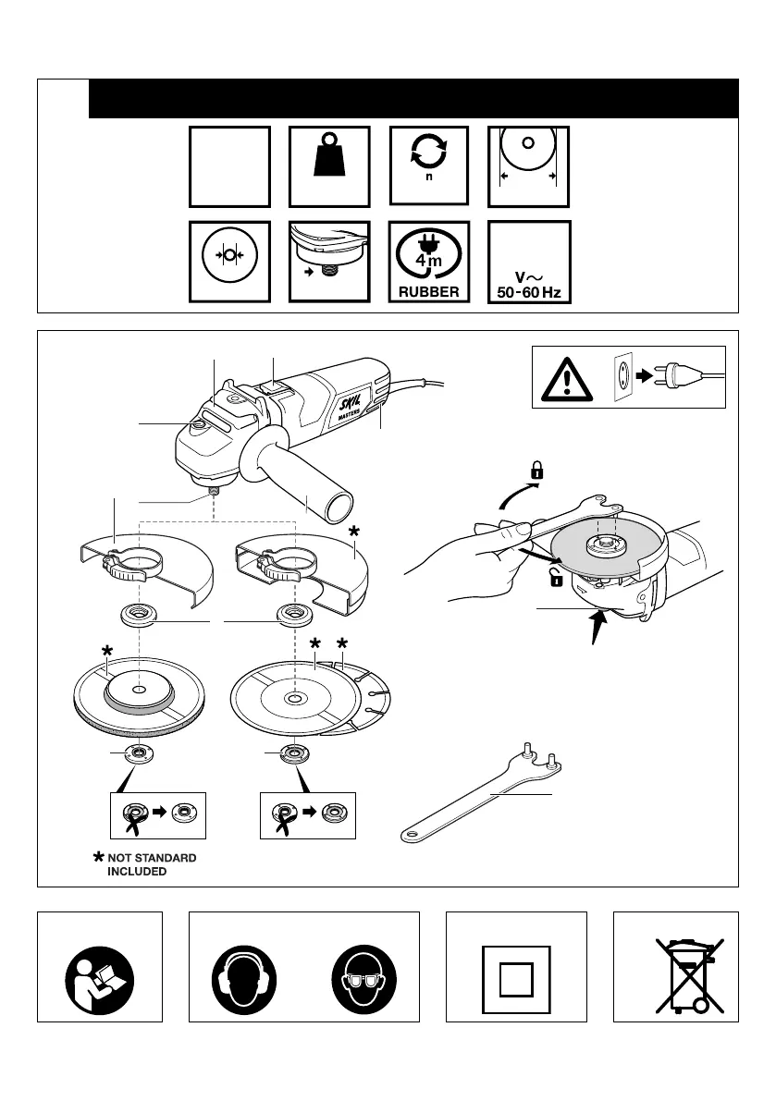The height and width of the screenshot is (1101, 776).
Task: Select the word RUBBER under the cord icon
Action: (x=428, y=290)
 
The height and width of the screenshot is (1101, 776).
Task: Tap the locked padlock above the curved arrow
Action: (x=536, y=471)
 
